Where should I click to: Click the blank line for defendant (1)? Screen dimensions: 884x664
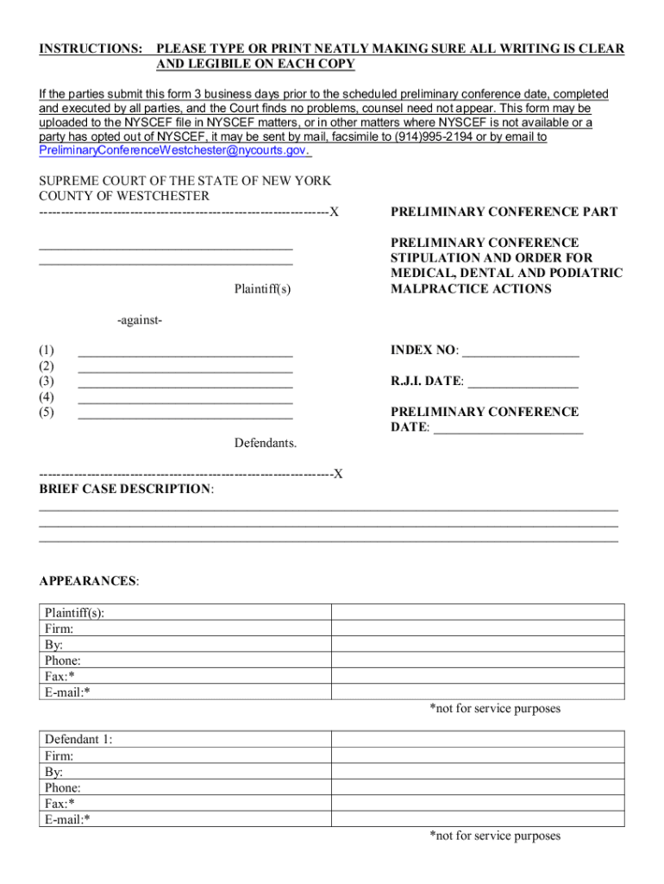pos(185,351)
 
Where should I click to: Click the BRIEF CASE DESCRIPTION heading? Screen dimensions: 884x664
pos(126,489)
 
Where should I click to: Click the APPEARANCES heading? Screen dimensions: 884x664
pos(88,581)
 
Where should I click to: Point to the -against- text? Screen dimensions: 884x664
pos(140,320)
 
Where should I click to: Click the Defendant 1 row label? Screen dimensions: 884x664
pos(78,740)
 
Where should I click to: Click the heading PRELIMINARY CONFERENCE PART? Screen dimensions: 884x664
pos(504,212)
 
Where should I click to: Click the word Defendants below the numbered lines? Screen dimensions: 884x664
pos(266,443)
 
